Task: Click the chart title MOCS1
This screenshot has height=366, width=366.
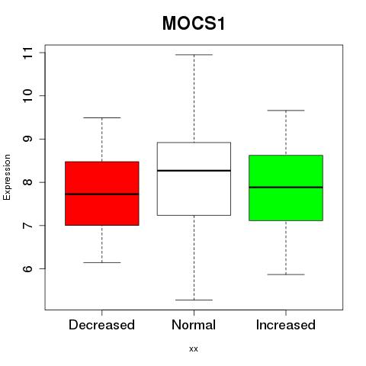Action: (x=194, y=24)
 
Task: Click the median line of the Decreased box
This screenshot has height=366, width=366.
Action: (x=102, y=194)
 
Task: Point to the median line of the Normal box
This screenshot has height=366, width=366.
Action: (x=194, y=171)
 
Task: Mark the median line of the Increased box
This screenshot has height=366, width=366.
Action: (x=286, y=188)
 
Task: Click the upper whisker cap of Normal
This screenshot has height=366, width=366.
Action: (x=194, y=55)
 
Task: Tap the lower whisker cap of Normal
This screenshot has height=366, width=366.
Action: (x=194, y=300)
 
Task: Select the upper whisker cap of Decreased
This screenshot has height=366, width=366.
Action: (x=102, y=117)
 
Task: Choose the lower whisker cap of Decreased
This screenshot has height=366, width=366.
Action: (x=102, y=262)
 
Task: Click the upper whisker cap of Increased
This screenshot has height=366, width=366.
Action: (x=286, y=111)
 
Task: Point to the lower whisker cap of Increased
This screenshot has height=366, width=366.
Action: (x=286, y=274)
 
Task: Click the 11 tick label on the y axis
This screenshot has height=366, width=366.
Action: (x=27, y=53)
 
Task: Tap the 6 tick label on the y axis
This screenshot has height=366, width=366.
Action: (x=27, y=268)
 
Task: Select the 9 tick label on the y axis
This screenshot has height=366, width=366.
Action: (x=27, y=139)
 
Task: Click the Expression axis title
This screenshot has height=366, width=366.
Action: (x=7, y=177)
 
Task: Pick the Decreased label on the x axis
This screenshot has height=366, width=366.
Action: (x=101, y=325)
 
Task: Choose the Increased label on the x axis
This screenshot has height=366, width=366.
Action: (x=286, y=325)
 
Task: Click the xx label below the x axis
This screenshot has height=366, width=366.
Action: (x=194, y=349)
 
